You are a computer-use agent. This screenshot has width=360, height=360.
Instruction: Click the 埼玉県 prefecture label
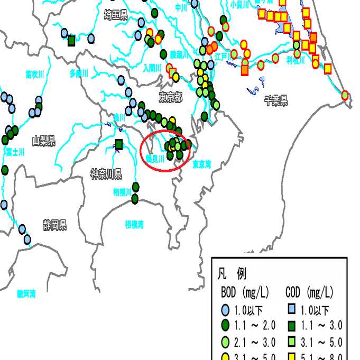pos(116,15)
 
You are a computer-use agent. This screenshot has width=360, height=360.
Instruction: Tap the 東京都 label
pos(170,98)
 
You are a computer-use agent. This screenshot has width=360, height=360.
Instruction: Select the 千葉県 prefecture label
pos(276,101)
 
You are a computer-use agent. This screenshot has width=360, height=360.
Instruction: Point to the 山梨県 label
pos(43,141)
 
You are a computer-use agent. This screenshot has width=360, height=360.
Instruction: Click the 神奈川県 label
pos(106,174)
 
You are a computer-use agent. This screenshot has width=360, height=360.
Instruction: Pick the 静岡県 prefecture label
pos(55,225)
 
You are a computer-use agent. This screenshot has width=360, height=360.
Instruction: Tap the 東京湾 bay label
pos(201,165)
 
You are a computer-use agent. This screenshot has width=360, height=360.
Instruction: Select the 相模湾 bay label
pos(134,224)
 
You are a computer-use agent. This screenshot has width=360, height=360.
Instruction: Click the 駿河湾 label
pos(26,293)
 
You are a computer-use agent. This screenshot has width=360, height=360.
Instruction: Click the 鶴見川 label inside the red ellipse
pos(155,158)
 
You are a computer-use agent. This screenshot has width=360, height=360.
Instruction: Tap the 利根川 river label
pos(296,60)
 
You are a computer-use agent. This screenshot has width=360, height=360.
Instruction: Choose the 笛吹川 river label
pos(34,74)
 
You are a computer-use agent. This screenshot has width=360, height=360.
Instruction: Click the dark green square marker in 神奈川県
pos(119,144)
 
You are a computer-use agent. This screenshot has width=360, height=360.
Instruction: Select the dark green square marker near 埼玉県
pos(71,40)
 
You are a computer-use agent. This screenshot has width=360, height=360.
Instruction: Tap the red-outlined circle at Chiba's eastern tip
pos(345,96)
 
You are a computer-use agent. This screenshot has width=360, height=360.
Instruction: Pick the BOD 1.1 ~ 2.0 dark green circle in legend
pos(225,325)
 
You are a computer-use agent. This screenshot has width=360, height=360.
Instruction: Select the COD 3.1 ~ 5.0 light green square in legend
pos(292,343)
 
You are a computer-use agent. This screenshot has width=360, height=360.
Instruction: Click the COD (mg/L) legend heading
pos(309,292)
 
